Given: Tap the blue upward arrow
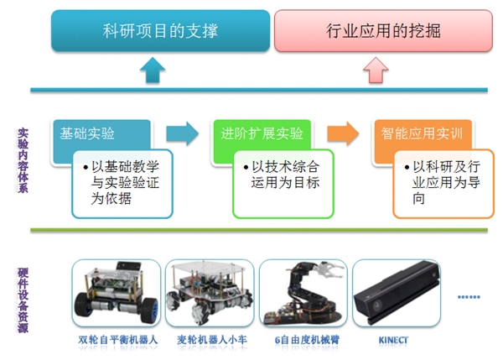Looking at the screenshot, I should pos(151,70).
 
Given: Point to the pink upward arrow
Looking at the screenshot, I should pos(375,70).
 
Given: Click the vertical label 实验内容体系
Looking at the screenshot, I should pos(22,161).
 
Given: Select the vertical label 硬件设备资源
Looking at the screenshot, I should pos(22,301).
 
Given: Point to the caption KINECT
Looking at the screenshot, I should pos(394,341).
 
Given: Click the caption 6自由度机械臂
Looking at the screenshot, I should pos(301,341).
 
